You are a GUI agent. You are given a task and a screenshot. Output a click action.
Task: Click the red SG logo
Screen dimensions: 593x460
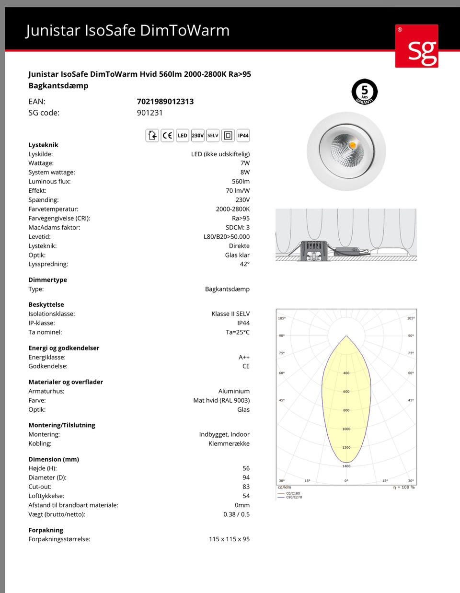pyautogui.click(x=416, y=46)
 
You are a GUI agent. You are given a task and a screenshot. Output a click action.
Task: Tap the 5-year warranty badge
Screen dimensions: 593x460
pyautogui.click(x=365, y=92)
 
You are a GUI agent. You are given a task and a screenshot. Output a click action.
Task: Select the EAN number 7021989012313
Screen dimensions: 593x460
pyautogui.click(x=165, y=101)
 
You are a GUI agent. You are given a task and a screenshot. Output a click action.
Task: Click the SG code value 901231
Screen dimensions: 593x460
pyautogui.click(x=149, y=113)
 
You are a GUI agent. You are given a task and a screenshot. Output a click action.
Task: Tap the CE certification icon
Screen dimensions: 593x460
pyautogui.click(x=167, y=136)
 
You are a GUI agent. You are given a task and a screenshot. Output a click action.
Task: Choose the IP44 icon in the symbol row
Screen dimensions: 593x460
pyautogui.click(x=243, y=136)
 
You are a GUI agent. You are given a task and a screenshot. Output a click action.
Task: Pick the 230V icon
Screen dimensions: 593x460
pyautogui.click(x=197, y=136)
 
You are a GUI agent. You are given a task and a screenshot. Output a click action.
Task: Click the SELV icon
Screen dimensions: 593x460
pyautogui.click(x=213, y=136)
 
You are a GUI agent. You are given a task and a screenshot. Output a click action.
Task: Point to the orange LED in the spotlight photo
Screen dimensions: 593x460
pyautogui.click(x=353, y=145)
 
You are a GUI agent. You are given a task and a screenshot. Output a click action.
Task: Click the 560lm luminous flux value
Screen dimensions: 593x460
pyautogui.click(x=241, y=181)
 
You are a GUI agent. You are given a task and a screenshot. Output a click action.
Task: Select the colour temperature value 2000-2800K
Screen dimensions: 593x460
pyautogui.click(x=232, y=209)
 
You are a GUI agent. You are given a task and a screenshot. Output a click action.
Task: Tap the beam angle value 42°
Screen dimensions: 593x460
pyautogui.click(x=244, y=264)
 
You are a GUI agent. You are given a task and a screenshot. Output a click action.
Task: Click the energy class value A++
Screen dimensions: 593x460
pyautogui.click(x=244, y=357)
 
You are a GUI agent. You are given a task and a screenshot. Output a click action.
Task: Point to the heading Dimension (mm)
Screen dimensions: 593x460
pyautogui.click(x=54, y=459)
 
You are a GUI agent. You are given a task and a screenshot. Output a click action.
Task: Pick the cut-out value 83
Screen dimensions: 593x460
pyautogui.click(x=246, y=487)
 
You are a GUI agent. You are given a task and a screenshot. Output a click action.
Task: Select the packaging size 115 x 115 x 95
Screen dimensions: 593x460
pyautogui.click(x=229, y=539)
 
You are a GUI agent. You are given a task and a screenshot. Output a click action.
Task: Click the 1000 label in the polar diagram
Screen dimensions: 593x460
pyautogui.click(x=346, y=429)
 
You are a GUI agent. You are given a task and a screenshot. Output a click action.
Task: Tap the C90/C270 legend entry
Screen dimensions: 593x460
pyautogui.click(x=294, y=498)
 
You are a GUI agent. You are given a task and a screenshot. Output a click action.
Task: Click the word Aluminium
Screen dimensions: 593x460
pyautogui.click(x=234, y=391)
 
